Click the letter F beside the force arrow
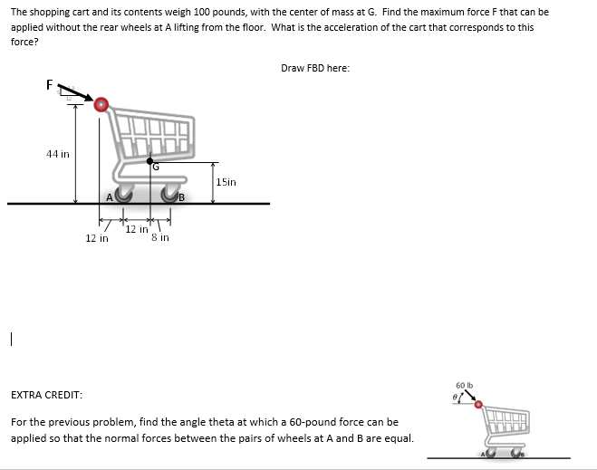[51, 84]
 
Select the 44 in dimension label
[57, 154]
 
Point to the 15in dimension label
[226, 182]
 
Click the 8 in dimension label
[161, 237]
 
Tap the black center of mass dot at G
[149, 160]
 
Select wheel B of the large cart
[170, 194]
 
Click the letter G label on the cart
[155, 167]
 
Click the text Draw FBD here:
[314, 68]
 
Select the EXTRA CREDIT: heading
[46, 396]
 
